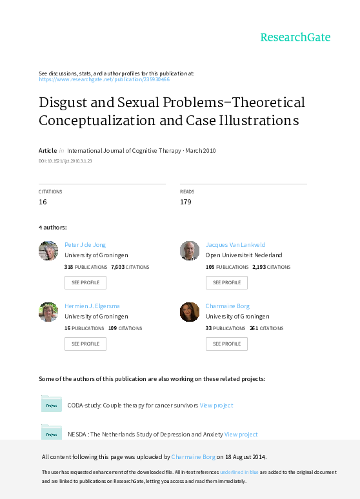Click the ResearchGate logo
pyautogui.click(x=295, y=37)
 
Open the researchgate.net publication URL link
pyautogui.click(x=104, y=79)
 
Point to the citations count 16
pyautogui.click(x=43, y=202)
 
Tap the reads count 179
pyautogui.click(x=185, y=202)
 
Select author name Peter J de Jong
pyautogui.click(x=85, y=245)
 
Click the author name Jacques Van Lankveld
pyautogui.click(x=235, y=245)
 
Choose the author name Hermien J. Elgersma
pyautogui.click(x=92, y=306)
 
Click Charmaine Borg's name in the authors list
pyautogui.click(x=228, y=306)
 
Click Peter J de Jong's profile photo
pyautogui.click(x=48, y=251)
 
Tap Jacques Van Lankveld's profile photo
pyautogui.click(x=190, y=251)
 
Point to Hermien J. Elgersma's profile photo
pyautogui.click(x=48, y=312)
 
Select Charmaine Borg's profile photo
pyautogui.click(x=190, y=312)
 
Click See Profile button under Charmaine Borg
pyautogui.click(x=226, y=344)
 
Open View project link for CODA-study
pyautogui.click(x=216, y=406)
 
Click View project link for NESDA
pyautogui.click(x=241, y=435)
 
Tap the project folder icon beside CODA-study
pyautogui.click(x=52, y=404)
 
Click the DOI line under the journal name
pyautogui.click(x=65, y=161)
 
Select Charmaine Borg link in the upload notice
pyautogui.click(x=193, y=457)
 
